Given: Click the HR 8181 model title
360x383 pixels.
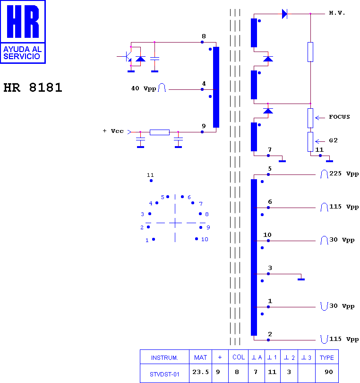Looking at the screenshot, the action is (33, 87).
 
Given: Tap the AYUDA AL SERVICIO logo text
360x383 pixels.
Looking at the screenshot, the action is (23, 53).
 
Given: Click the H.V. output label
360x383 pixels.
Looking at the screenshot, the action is (337, 13).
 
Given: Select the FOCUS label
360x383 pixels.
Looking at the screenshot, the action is (339, 117).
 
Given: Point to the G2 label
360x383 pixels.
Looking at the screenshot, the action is (333, 140).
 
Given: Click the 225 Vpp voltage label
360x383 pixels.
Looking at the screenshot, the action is (344, 174).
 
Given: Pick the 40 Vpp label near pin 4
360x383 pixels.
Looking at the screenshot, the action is (144, 88).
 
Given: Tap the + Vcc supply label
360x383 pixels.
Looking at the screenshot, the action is (113, 131).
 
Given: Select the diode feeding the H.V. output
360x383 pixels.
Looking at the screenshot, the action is (284, 14).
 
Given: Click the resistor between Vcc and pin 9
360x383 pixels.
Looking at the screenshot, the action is (160, 132).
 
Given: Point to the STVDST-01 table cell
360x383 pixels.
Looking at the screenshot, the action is (164, 374).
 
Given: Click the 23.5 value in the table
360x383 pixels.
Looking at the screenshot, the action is (200, 372).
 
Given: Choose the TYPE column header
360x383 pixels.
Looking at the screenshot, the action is (326, 357).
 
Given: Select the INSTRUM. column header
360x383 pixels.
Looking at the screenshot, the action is (164, 358).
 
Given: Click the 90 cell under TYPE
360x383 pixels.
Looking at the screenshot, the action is (328, 372).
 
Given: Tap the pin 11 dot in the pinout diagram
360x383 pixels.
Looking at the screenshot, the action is (151, 181).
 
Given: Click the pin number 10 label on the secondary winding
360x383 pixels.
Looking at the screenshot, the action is (267, 235).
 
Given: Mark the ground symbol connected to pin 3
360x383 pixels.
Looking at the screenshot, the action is (301, 279).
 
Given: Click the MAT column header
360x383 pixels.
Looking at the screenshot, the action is (200, 357).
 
